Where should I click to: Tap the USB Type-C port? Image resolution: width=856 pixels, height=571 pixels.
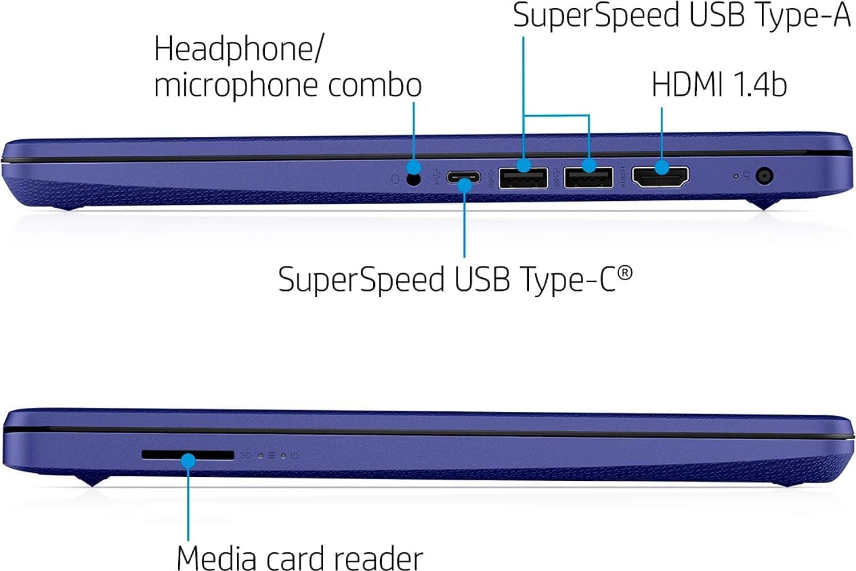point(463,177)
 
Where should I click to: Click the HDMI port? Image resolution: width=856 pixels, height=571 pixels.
point(660,177)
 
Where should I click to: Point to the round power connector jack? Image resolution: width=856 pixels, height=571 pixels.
point(764,176)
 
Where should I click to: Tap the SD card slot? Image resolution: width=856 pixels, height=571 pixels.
point(188,455)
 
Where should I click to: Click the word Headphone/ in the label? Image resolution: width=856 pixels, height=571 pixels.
point(239,49)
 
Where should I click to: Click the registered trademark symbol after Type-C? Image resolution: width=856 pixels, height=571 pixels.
point(625,273)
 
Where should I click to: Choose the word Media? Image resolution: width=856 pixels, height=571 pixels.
point(216,558)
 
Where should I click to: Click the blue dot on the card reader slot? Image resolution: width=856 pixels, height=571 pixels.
point(188,460)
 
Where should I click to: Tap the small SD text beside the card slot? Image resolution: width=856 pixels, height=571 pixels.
point(246,455)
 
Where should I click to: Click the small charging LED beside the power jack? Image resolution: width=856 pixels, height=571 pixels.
point(736,176)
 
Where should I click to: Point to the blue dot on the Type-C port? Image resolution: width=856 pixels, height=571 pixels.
point(465,185)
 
